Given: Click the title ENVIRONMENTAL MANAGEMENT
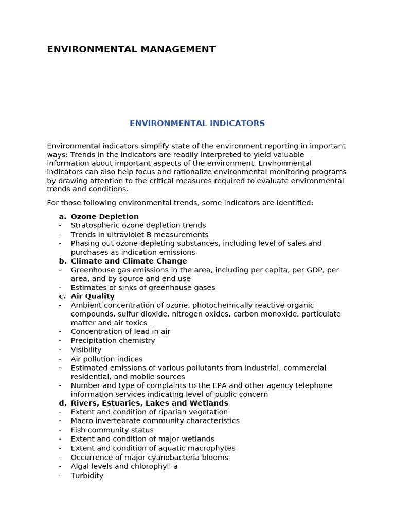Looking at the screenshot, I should (131, 49).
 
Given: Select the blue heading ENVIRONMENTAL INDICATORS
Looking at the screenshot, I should (197, 124).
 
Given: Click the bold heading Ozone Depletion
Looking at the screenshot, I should (104, 217).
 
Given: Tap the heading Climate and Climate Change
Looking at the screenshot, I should (129, 261).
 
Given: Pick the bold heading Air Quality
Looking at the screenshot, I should (93, 296).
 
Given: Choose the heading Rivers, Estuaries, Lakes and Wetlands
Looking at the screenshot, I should (149, 403).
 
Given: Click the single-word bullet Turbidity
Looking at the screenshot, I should (87, 476).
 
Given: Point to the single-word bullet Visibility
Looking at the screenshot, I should (86, 350).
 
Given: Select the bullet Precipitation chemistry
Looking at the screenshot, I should (113, 341).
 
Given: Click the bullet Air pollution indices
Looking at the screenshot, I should (106, 359).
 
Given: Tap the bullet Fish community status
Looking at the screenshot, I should (112, 430).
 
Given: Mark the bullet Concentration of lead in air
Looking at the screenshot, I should (120, 332).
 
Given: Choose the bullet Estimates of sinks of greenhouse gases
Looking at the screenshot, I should (143, 288).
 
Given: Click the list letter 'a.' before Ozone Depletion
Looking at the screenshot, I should (62, 217).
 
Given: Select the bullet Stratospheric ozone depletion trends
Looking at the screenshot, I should (138, 225).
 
